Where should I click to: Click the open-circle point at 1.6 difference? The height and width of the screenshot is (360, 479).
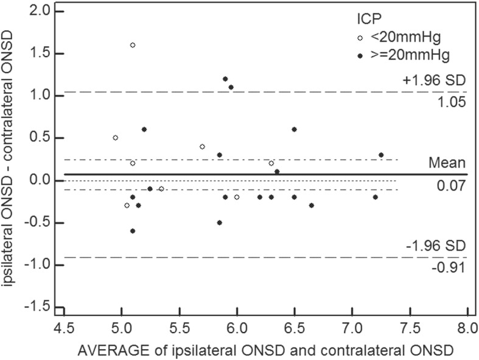click(133, 45)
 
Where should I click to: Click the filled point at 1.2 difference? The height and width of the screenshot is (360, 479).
click(225, 79)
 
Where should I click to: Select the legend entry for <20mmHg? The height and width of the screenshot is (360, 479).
click(394, 38)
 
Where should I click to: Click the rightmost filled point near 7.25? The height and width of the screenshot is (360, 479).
click(381, 155)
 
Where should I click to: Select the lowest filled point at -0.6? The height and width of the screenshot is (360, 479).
click(133, 231)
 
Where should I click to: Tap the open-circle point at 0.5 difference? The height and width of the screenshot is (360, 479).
click(115, 138)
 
